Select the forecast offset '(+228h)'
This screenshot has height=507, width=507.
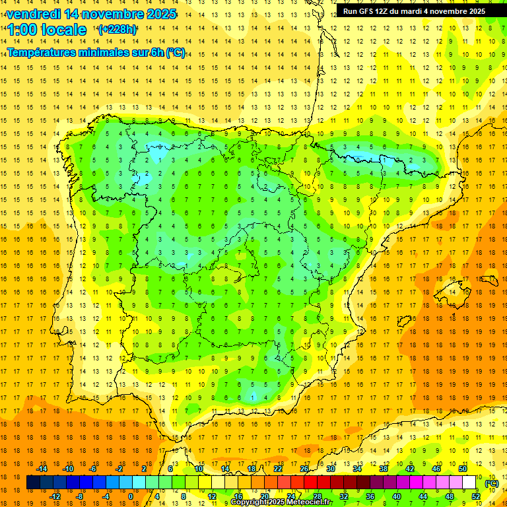click(118, 29)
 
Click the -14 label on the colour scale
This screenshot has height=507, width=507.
click(42, 469)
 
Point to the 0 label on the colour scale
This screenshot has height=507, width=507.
click(130, 496)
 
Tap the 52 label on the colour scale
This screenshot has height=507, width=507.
click(476, 496)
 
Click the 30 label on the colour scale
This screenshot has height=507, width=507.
click(330, 469)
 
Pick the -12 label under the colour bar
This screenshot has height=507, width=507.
click(55, 496)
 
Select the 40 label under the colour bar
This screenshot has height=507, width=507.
click(396, 496)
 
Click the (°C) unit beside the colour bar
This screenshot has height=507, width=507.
click(492, 483)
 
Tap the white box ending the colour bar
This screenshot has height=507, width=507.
click(469, 483)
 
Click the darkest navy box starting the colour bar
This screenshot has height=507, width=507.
click(33, 483)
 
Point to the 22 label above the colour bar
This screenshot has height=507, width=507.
click(278, 469)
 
